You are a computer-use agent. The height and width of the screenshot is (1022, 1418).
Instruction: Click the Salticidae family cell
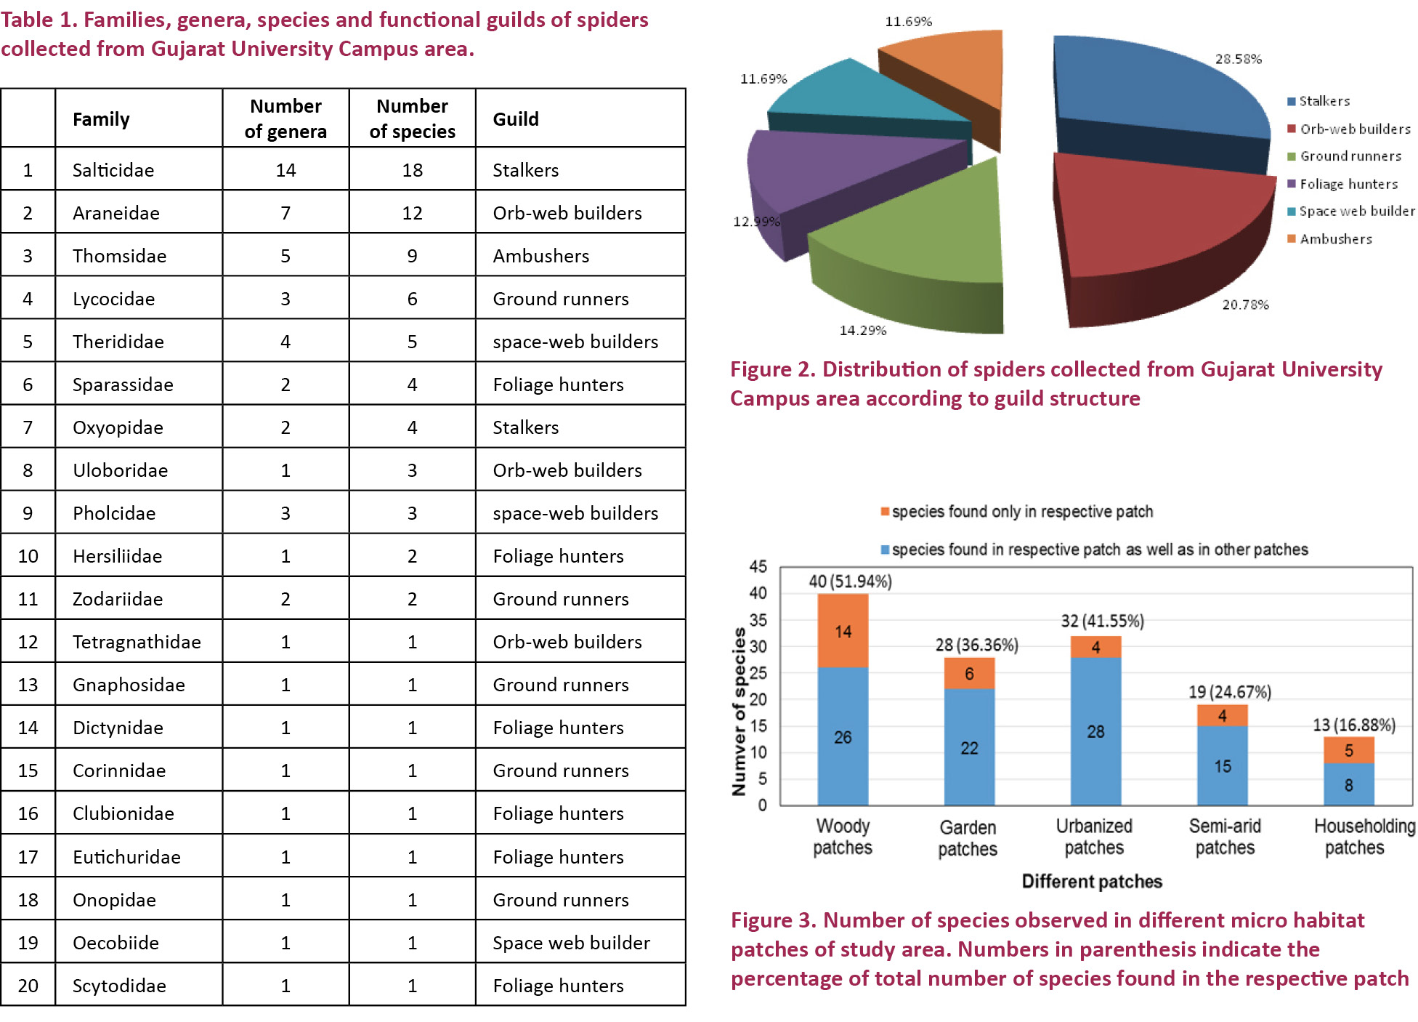coord(113,170)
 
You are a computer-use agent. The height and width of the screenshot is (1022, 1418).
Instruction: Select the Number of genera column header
coord(285,118)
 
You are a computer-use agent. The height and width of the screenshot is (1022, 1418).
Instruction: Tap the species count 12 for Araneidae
coord(412,213)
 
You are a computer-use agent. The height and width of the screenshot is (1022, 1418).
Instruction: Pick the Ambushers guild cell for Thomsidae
coord(541,256)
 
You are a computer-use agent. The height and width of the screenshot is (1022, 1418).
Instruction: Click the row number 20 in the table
coord(28,986)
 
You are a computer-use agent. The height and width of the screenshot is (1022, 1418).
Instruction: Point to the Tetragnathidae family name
coord(137,642)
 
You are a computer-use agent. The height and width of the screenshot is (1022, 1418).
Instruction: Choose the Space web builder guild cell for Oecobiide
coord(571,943)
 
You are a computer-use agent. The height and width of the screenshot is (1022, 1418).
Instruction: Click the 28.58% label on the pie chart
coord(1238,59)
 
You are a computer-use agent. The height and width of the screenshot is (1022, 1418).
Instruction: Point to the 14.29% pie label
coord(863,331)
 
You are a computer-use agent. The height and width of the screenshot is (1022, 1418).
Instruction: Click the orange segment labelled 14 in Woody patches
coord(843,631)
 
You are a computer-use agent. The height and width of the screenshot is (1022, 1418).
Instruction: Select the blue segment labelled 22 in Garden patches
coord(969,747)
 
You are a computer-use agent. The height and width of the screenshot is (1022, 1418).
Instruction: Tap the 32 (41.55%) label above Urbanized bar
coord(1102,621)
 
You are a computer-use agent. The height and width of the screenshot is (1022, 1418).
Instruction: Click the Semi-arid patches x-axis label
coord(1225,837)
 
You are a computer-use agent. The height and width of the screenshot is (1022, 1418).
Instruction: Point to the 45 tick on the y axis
coord(758,566)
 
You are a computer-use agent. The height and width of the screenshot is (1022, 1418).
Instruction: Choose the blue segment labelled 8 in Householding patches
coord(1348,784)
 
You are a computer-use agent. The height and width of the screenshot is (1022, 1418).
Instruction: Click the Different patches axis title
coord(1091,882)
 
